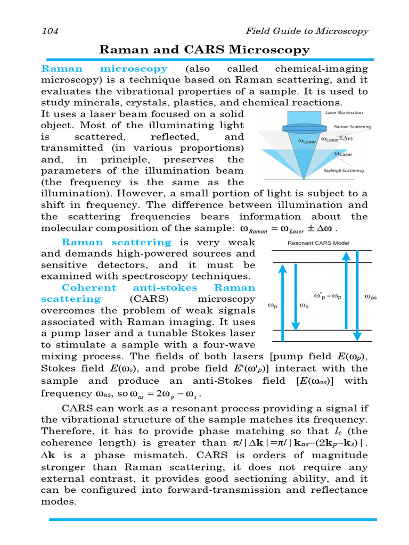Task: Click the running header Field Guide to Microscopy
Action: pos(306,31)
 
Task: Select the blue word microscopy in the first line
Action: pos(134,69)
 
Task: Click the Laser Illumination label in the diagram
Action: pos(344,113)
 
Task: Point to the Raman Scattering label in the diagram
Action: pos(352,127)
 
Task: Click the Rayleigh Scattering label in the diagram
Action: pos(343,171)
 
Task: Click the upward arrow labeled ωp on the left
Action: pos(283,303)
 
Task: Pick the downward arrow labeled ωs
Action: pos(296,296)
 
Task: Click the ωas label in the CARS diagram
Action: pos(370,297)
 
